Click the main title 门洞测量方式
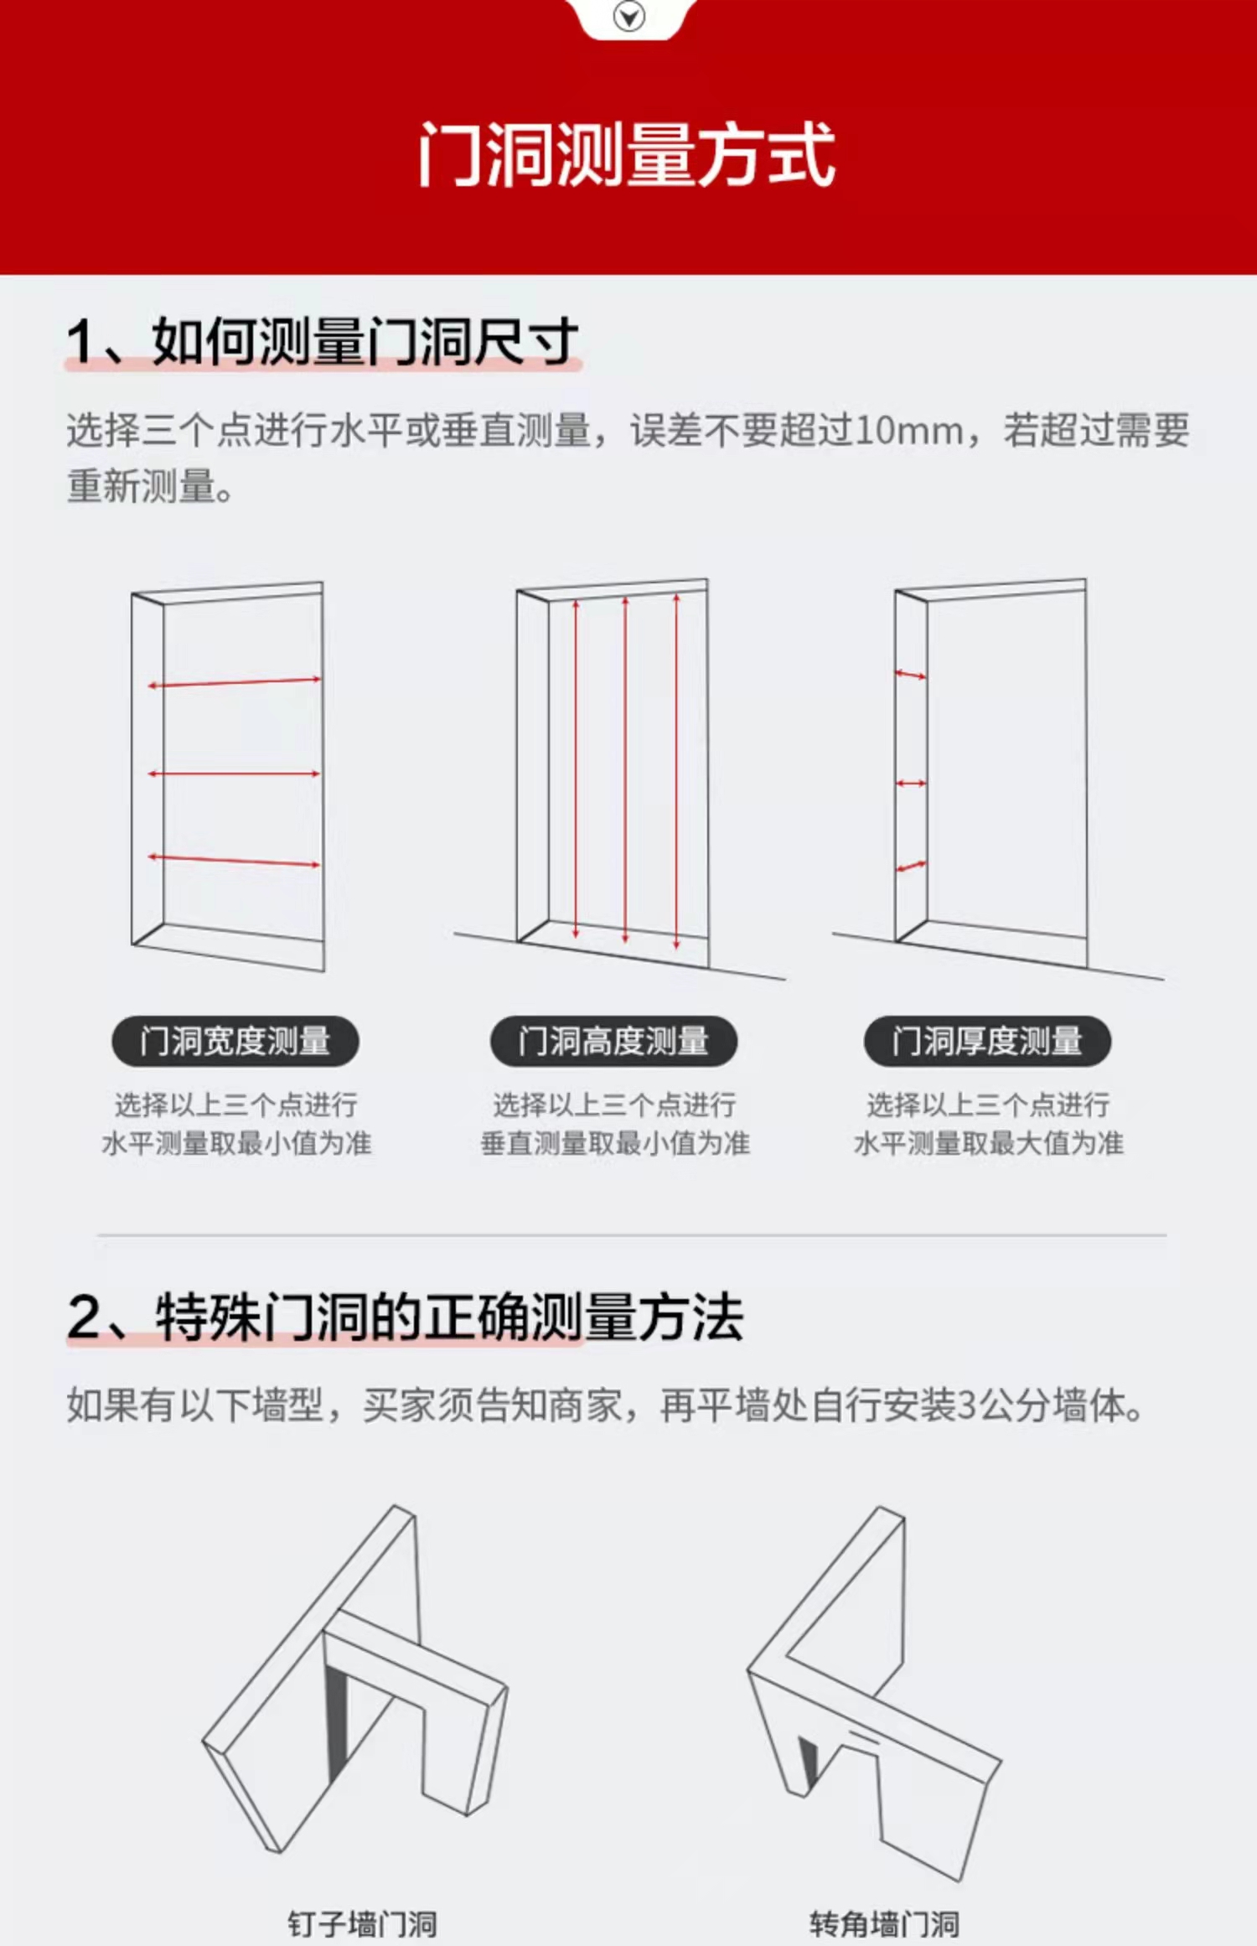(627, 154)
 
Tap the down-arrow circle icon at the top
(629, 16)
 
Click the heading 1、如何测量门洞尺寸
(323, 341)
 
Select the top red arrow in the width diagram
(235, 682)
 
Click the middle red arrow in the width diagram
(235, 774)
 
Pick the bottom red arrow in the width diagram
(235, 860)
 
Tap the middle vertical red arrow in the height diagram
(625, 769)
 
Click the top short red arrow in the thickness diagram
(911, 674)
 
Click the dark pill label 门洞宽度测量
(235, 1042)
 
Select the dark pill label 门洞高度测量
(614, 1042)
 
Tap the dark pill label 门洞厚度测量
(988, 1042)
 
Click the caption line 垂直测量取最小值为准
(615, 1143)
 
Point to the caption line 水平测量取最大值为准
(989, 1143)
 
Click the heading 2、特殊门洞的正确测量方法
(406, 1317)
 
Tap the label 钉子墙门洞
(362, 1923)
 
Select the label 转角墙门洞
(885, 1923)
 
